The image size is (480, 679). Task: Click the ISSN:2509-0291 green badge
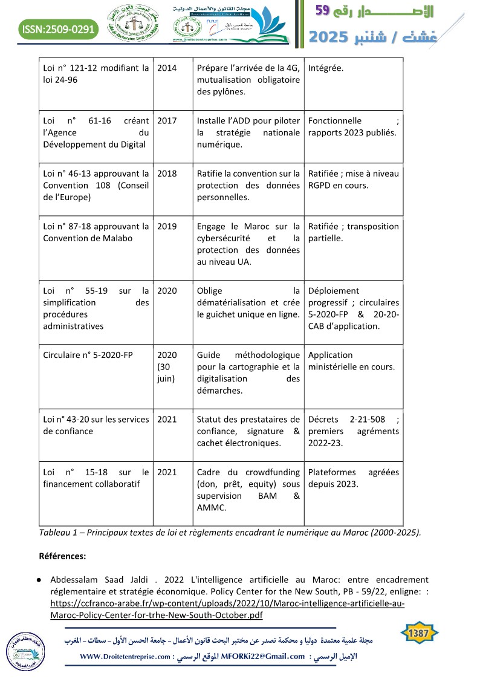pos(57,28)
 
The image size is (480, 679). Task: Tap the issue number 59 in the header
pos(323,10)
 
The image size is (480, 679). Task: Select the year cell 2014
pos(167,68)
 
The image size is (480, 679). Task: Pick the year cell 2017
pos(167,120)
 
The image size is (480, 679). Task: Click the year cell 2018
pos(167,174)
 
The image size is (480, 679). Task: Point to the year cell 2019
pos(167,226)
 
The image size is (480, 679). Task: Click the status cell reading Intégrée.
pos(325,68)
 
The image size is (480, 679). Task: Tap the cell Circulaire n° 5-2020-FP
pos(88,355)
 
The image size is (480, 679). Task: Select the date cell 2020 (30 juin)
pos(167,366)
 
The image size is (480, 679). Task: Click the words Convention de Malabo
pos(79,238)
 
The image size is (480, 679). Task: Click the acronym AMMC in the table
pos(210,508)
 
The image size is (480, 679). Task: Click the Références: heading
pos(62,555)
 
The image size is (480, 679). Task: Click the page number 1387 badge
pos(419,633)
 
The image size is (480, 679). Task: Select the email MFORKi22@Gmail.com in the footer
pos(264,657)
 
